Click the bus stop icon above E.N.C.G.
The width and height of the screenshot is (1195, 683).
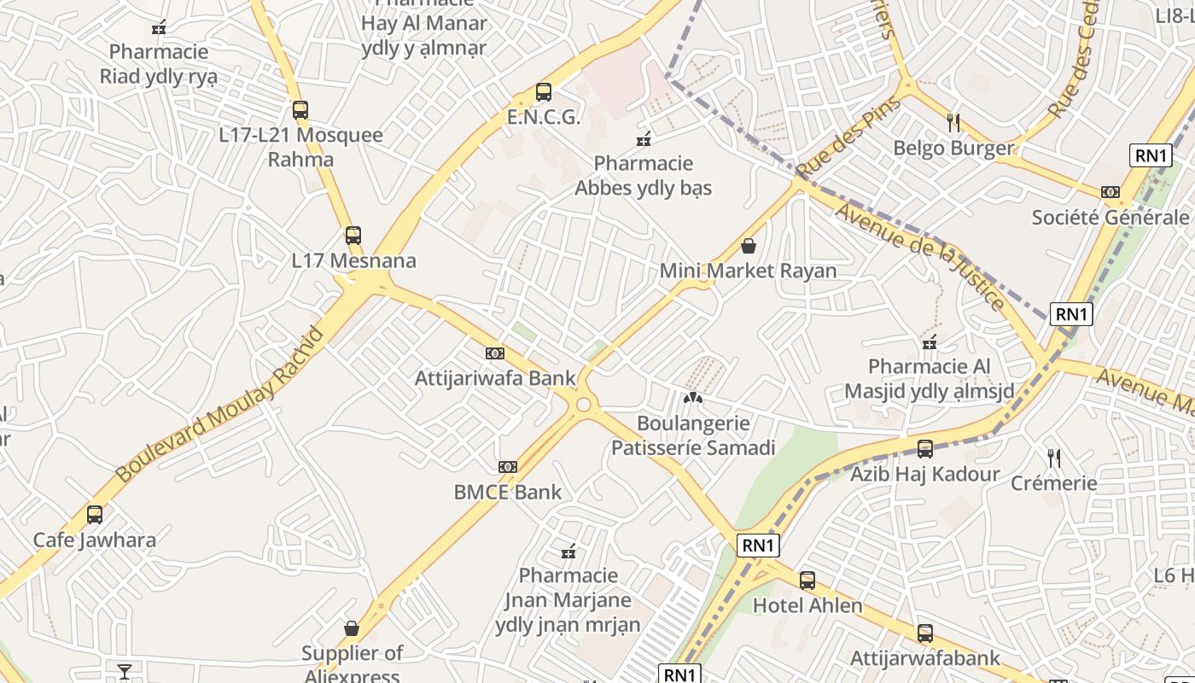tap(543, 92)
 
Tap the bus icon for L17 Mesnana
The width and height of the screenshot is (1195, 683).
tap(353, 235)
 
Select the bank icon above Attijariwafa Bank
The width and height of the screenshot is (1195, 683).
tap(494, 353)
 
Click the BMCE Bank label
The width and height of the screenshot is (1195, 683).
tap(508, 492)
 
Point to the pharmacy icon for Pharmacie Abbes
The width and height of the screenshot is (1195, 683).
tap(644, 138)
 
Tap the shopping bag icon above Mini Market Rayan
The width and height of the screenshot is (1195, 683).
tap(749, 247)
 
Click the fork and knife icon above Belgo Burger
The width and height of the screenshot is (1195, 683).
tap(953, 123)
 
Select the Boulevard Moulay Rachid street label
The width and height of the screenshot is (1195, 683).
tap(220, 404)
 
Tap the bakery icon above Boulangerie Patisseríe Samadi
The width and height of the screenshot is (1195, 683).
tap(693, 398)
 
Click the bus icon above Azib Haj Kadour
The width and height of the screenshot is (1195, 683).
tap(924, 448)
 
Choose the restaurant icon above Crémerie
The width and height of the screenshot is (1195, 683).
tap(1054, 458)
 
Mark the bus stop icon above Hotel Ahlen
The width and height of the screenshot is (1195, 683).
tap(807, 581)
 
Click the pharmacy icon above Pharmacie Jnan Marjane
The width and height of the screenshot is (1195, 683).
tap(568, 552)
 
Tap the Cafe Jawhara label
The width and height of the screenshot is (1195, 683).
tap(95, 540)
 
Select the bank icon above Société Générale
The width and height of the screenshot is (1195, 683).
tap(1110, 192)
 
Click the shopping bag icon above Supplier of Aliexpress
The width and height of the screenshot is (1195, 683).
tap(352, 628)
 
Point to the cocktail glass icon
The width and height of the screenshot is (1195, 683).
tap(125, 671)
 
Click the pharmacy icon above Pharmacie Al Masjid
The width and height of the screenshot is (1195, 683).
tap(930, 343)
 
